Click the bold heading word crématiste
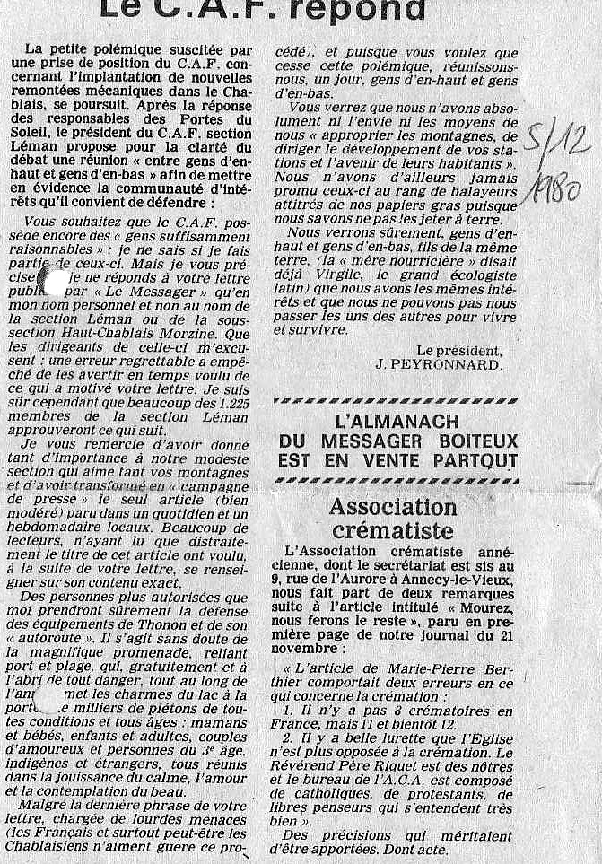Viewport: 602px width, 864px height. pyautogui.click(x=394, y=530)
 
